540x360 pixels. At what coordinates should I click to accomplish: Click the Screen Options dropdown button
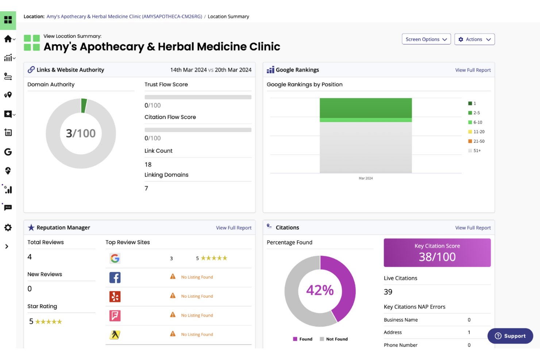[426, 39]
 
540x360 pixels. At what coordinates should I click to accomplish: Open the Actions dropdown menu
[474, 39]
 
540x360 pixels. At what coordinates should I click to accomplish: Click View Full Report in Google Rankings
[472, 70]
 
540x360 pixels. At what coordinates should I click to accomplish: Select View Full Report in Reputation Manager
[234, 228]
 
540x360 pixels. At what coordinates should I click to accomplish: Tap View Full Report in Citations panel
[472, 228]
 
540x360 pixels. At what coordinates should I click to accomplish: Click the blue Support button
[510, 336]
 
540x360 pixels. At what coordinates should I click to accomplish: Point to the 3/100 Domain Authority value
[81, 133]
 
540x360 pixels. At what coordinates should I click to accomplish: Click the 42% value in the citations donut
[320, 290]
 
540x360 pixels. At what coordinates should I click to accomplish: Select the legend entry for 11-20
[477, 132]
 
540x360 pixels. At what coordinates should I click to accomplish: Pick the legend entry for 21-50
[477, 141]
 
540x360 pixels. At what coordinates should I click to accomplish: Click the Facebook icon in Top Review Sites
[115, 278]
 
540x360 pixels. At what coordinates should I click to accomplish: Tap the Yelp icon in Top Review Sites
[115, 297]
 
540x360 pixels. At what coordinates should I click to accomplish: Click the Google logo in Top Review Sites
[115, 259]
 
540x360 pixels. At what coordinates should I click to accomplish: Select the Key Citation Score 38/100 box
[437, 253]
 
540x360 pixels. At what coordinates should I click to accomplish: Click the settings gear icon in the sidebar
[8, 228]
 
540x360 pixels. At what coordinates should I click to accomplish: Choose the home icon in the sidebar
[8, 39]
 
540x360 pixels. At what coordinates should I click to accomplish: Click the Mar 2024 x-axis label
[366, 178]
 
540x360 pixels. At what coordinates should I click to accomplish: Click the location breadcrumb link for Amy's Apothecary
[124, 16]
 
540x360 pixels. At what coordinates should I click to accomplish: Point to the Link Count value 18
[148, 164]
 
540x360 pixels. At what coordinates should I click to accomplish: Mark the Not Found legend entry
[334, 339]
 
